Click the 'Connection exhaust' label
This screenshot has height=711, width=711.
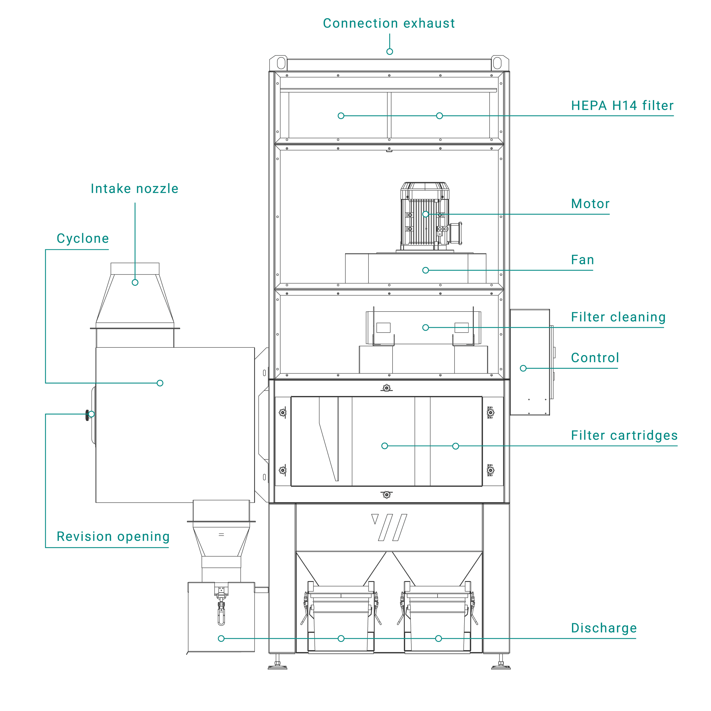389,24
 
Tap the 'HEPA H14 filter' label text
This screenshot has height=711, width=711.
622,106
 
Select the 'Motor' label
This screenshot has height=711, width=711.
590,204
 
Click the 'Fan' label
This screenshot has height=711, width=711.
582,260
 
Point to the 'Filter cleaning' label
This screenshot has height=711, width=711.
618,317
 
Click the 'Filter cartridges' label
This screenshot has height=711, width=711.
624,436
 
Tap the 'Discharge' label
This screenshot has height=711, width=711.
604,628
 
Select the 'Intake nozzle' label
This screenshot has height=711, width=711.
135,189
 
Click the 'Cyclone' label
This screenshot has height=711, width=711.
83,239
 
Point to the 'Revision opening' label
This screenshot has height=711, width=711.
113,536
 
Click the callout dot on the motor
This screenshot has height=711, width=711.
425,214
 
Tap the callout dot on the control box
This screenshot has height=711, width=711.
523,368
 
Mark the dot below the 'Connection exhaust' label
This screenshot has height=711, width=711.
389,51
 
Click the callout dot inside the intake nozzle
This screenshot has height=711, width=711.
135,283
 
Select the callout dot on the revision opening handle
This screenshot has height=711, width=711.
91,414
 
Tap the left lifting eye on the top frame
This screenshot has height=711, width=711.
281,63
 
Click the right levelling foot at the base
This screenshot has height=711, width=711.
501,665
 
